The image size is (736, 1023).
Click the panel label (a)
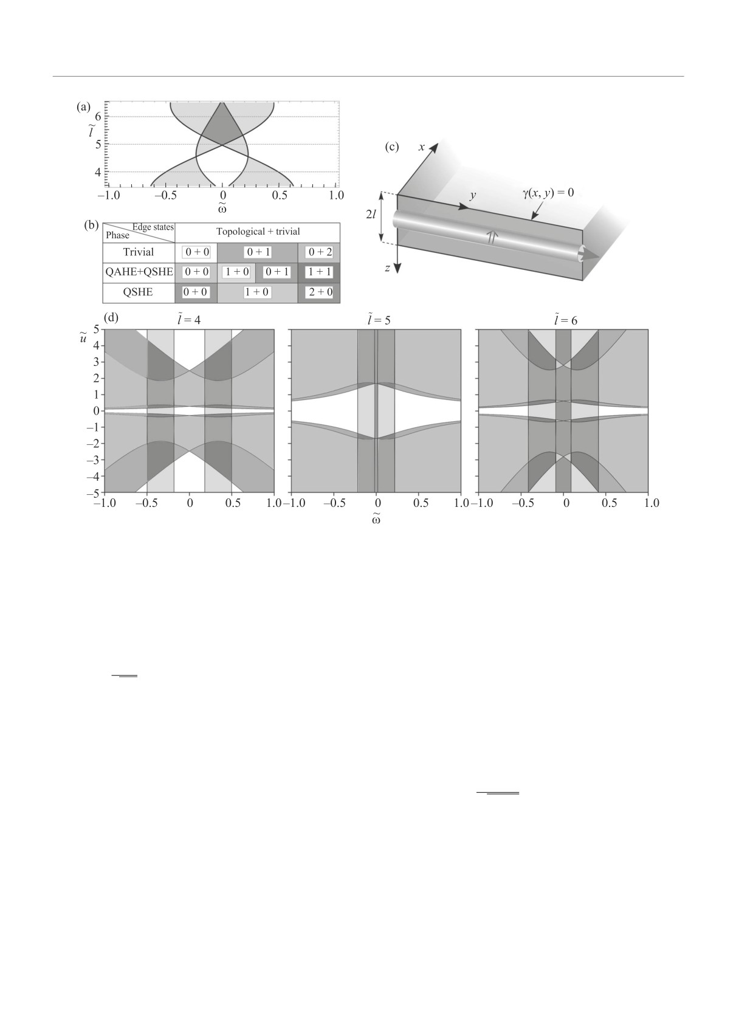pyautogui.click(x=83, y=107)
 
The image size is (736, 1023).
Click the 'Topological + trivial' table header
pyautogui.click(x=258, y=232)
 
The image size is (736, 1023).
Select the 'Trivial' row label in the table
pyautogui.click(x=139, y=252)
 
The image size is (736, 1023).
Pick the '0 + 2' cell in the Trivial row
pyautogui.click(x=318, y=252)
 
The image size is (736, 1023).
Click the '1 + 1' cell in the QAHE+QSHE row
pyautogui.click(x=318, y=272)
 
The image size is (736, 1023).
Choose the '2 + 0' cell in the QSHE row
pyautogui.click(x=318, y=292)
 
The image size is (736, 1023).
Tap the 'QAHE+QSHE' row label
pyautogui.click(x=139, y=272)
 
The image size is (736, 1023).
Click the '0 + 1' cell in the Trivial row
pyautogui.click(x=258, y=252)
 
